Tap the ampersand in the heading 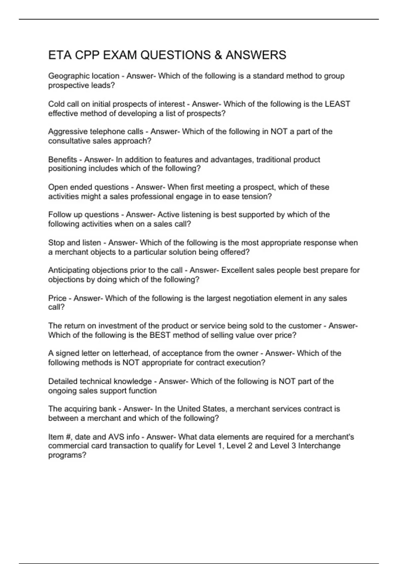pyautogui.click(x=218, y=55)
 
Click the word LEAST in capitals pyautogui.click(x=337, y=104)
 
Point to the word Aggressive pyautogui.click(x=68, y=132)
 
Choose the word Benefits pyautogui.click(x=63, y=160)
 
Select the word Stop pyautogui.click(x=56, y=243)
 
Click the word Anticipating pyautogui.click(x=69, y=270)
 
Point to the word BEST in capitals pyautogui.click(x=160, y=335)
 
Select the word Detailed pyautogui.click(x=63, y=381)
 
